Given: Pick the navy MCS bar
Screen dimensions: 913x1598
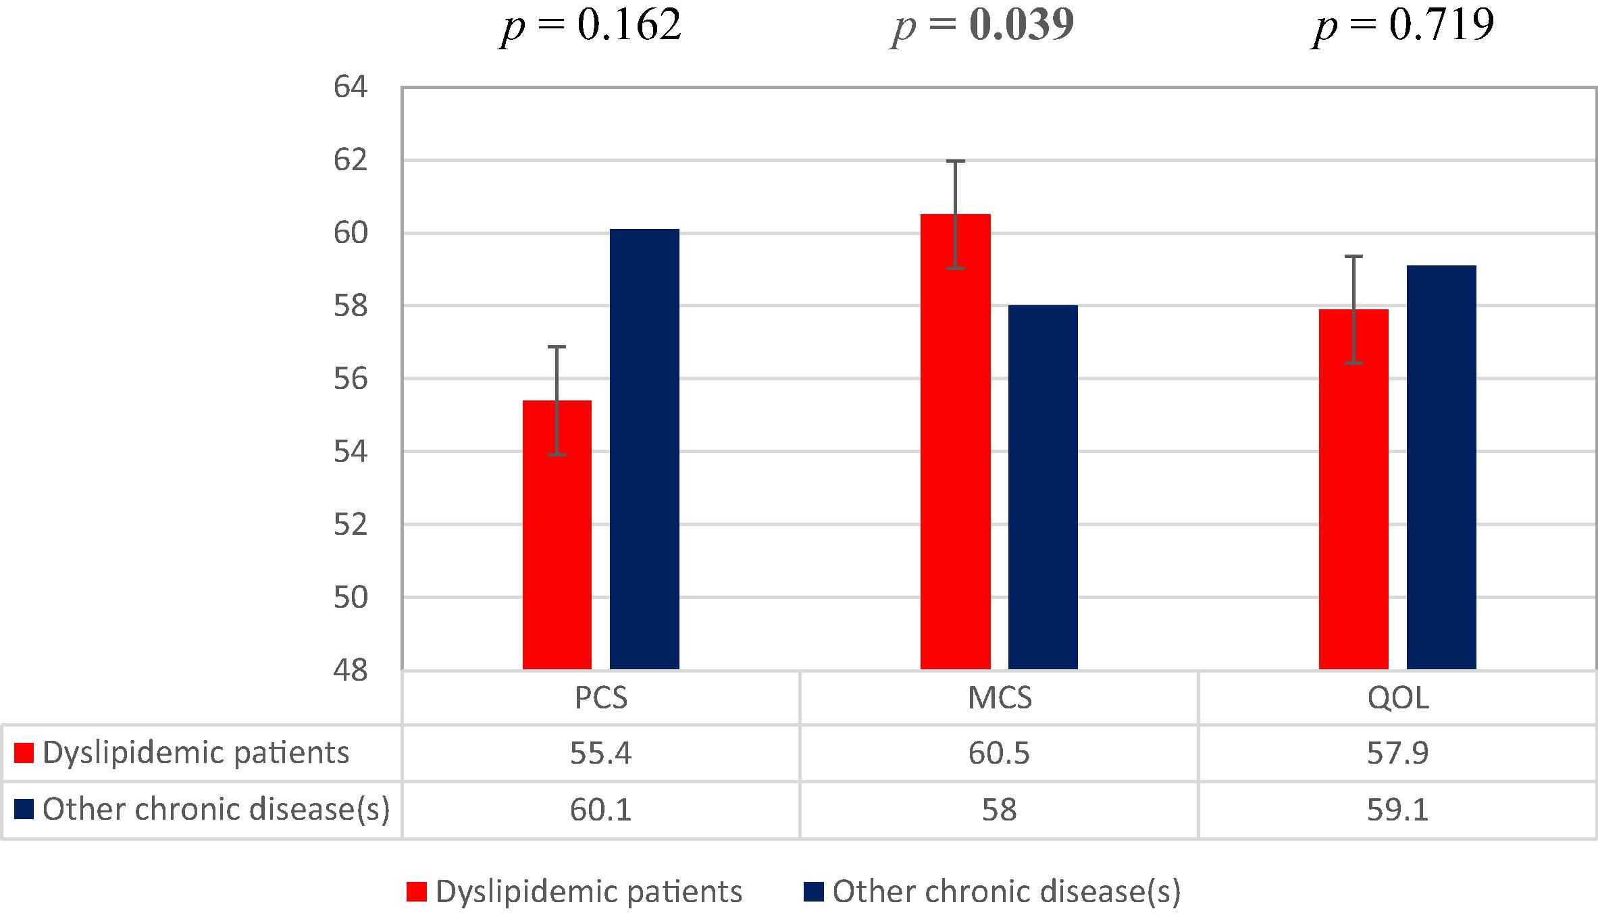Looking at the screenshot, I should click(x=1043, y=487).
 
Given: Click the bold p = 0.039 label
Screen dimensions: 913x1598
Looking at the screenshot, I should click(x=983, y=26).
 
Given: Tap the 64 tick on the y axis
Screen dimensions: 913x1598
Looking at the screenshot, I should click(x=351, y=88).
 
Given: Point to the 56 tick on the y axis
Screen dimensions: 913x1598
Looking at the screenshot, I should click(x=351, y=379).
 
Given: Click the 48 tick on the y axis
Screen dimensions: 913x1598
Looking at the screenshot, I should click(x=351, y=671).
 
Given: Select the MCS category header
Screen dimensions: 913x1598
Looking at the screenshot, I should click(x=1000, y=698).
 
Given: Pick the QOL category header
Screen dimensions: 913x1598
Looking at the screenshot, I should click(x=1398, y=698).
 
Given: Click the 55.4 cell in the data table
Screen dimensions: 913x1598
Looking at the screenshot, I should click(x=601, y=753).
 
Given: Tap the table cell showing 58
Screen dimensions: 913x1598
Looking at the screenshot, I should click(x=1000, y=810).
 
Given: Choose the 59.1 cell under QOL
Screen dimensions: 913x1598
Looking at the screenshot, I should click(x=1398, y=810).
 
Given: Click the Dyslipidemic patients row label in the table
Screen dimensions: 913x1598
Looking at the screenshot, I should click(x=196, y=753).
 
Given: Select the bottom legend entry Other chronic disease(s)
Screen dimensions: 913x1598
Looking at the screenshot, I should click(x=1006, y=891).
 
